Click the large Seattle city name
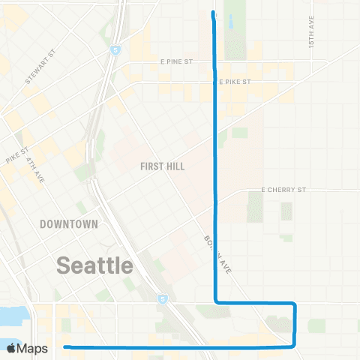[95, 265]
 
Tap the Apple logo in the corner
[12, 348]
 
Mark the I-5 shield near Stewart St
[114, 51]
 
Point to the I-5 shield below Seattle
[163, 298]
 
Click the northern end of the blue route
[214, 13]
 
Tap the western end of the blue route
[66, 347]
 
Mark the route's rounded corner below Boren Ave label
[217, 301]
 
